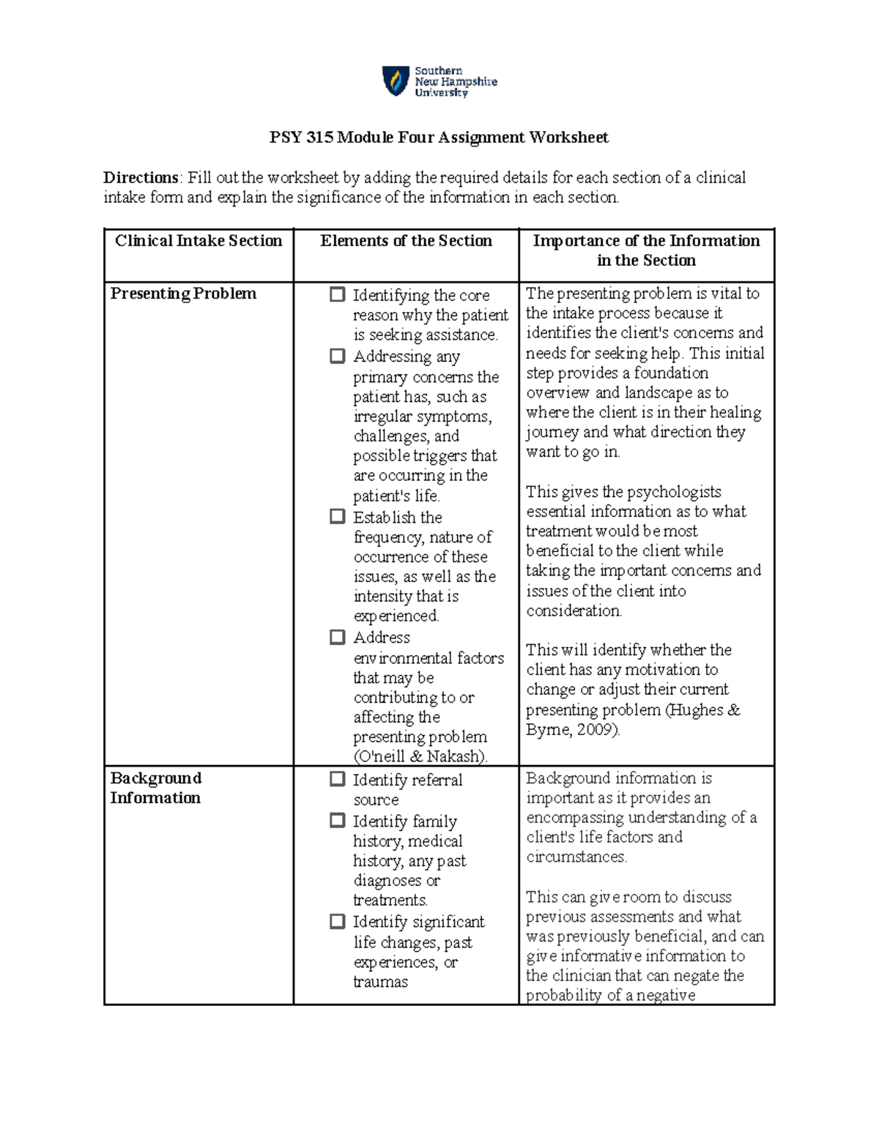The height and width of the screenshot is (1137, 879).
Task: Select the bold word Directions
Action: pyautogui.click(x=141, y=177)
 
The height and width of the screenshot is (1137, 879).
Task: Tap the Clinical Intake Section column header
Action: pyautogui.click(x=199, y=241)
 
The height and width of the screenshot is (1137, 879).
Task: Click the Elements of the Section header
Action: pyautogui.click(x=406, y=241)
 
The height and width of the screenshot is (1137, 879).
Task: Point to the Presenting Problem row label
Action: pyautogui.click(x=183, y=294)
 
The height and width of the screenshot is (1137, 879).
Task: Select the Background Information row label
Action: pyautogui.click(x=156, y=788)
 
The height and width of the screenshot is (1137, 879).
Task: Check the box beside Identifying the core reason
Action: pyautogui.click(x=337, y=294)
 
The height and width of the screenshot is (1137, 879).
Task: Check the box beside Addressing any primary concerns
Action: pyautogui.click(x=337, y=356)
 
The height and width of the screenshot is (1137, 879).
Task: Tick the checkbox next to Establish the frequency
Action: pyautogui.click(x=337, y=516)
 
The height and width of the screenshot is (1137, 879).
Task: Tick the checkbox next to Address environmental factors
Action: pyautogui.click(x=337, y=637)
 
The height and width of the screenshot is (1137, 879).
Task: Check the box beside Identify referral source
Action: pyautogui.click(x=337, y=779)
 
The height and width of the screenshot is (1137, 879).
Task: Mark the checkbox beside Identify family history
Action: pyautogui.click(x=337, y=821)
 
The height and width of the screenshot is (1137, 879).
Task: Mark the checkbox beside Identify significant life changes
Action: pyautogui.click(x=337, y=921)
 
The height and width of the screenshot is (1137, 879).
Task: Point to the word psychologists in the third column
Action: pyautogui.click(x=674, y=492)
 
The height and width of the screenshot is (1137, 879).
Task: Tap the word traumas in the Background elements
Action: pyautogui.click(x=380, y=983)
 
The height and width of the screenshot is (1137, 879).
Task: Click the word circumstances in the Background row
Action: pyautogui.click(x=576, y=857)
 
